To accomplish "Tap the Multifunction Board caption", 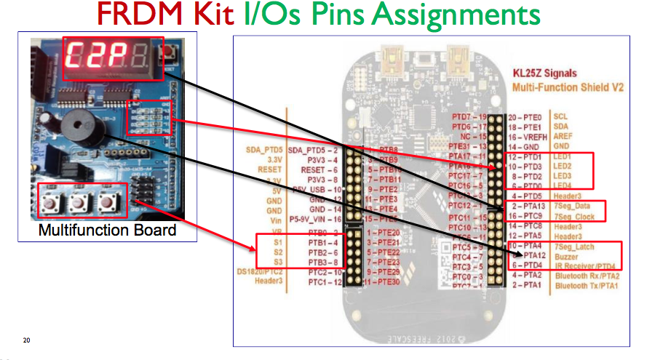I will pos(107,231).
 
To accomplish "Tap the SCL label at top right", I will pos(560,116).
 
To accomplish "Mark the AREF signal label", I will pos(563,136).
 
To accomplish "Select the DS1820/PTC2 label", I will pos(266,271).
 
